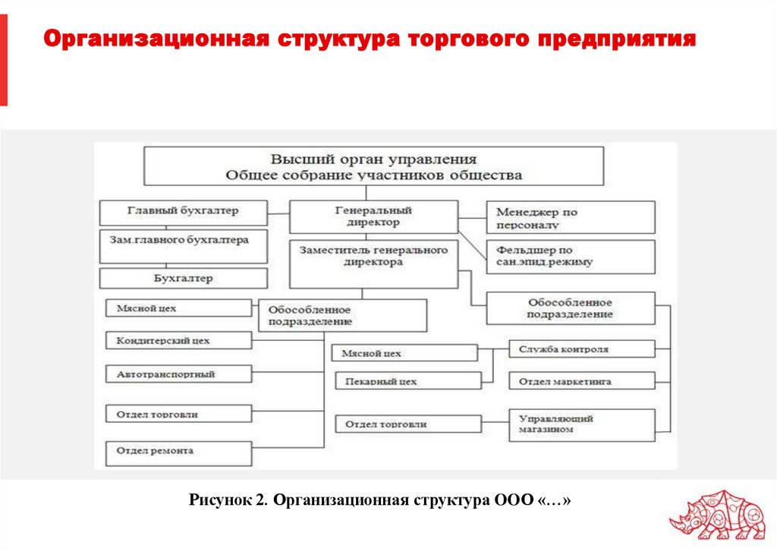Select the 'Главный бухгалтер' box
click(183, 211)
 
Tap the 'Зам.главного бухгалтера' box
click(183, 245)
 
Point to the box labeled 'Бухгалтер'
click(183, 278)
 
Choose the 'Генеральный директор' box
click(373, 216)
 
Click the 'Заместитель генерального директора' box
click(373, 263)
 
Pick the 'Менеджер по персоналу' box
click(570, 217)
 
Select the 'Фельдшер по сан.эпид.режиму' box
click(570, 257)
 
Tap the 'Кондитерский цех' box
click(178, 340)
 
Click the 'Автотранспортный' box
click(178, 374)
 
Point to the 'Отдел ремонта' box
click(178, 452)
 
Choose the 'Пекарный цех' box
click(407, 381)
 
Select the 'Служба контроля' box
click(581, 349)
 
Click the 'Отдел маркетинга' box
click(581, 381)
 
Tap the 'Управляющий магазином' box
click(581, 424)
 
